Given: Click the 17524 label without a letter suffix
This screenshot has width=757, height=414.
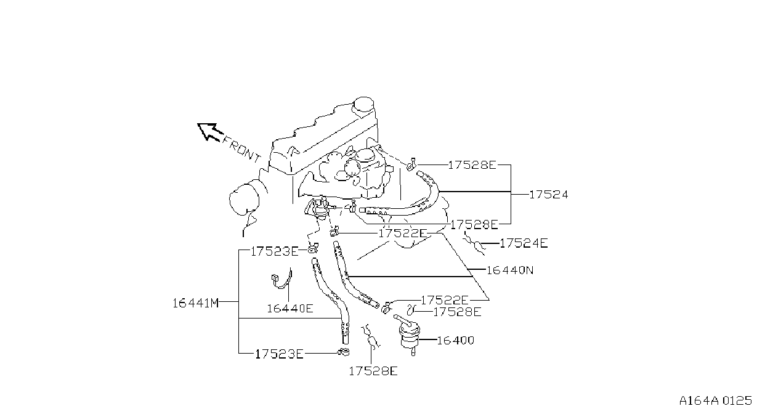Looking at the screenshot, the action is pos(548,195).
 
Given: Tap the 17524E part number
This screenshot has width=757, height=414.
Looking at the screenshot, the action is pos(524,243).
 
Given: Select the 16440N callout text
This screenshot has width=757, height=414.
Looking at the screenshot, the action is pos(509,270).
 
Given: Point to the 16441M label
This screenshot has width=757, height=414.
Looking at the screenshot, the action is pos(196,303).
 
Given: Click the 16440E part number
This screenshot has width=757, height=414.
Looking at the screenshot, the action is pos(290,308).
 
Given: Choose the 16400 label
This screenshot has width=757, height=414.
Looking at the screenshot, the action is pos(456,340).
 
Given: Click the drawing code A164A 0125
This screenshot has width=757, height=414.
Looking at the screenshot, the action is pos(716,400).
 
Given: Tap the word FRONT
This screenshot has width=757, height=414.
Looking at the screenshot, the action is pos(241,149).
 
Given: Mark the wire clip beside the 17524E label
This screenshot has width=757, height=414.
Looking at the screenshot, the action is pos(475,243).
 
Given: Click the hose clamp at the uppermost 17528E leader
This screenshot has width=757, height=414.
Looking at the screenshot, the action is pos(411,164).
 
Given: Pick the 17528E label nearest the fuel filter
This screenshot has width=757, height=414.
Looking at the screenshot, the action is pos(457,312).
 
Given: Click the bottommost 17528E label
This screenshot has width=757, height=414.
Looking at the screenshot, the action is pos(373,371).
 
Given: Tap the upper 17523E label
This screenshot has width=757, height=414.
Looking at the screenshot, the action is pos(275,251).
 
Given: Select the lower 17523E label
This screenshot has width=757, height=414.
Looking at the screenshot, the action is pos(279,354).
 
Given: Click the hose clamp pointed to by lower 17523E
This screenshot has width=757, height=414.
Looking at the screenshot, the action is pos(344,352).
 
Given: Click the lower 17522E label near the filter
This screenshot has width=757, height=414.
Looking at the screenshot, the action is pos(445,300).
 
